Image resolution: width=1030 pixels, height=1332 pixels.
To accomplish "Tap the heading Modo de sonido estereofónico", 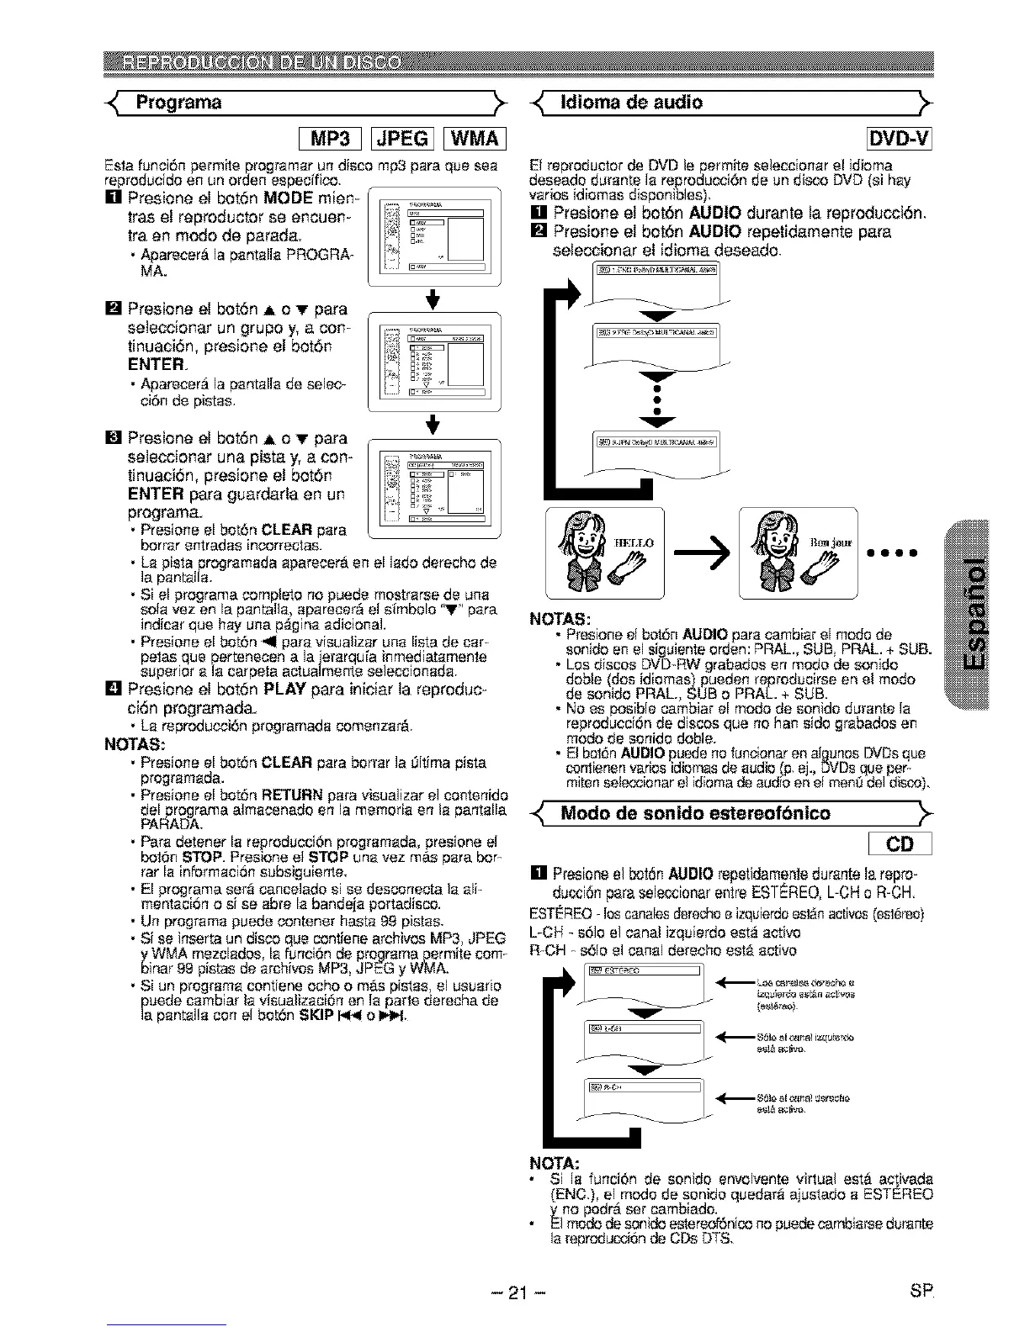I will point(694,813).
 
